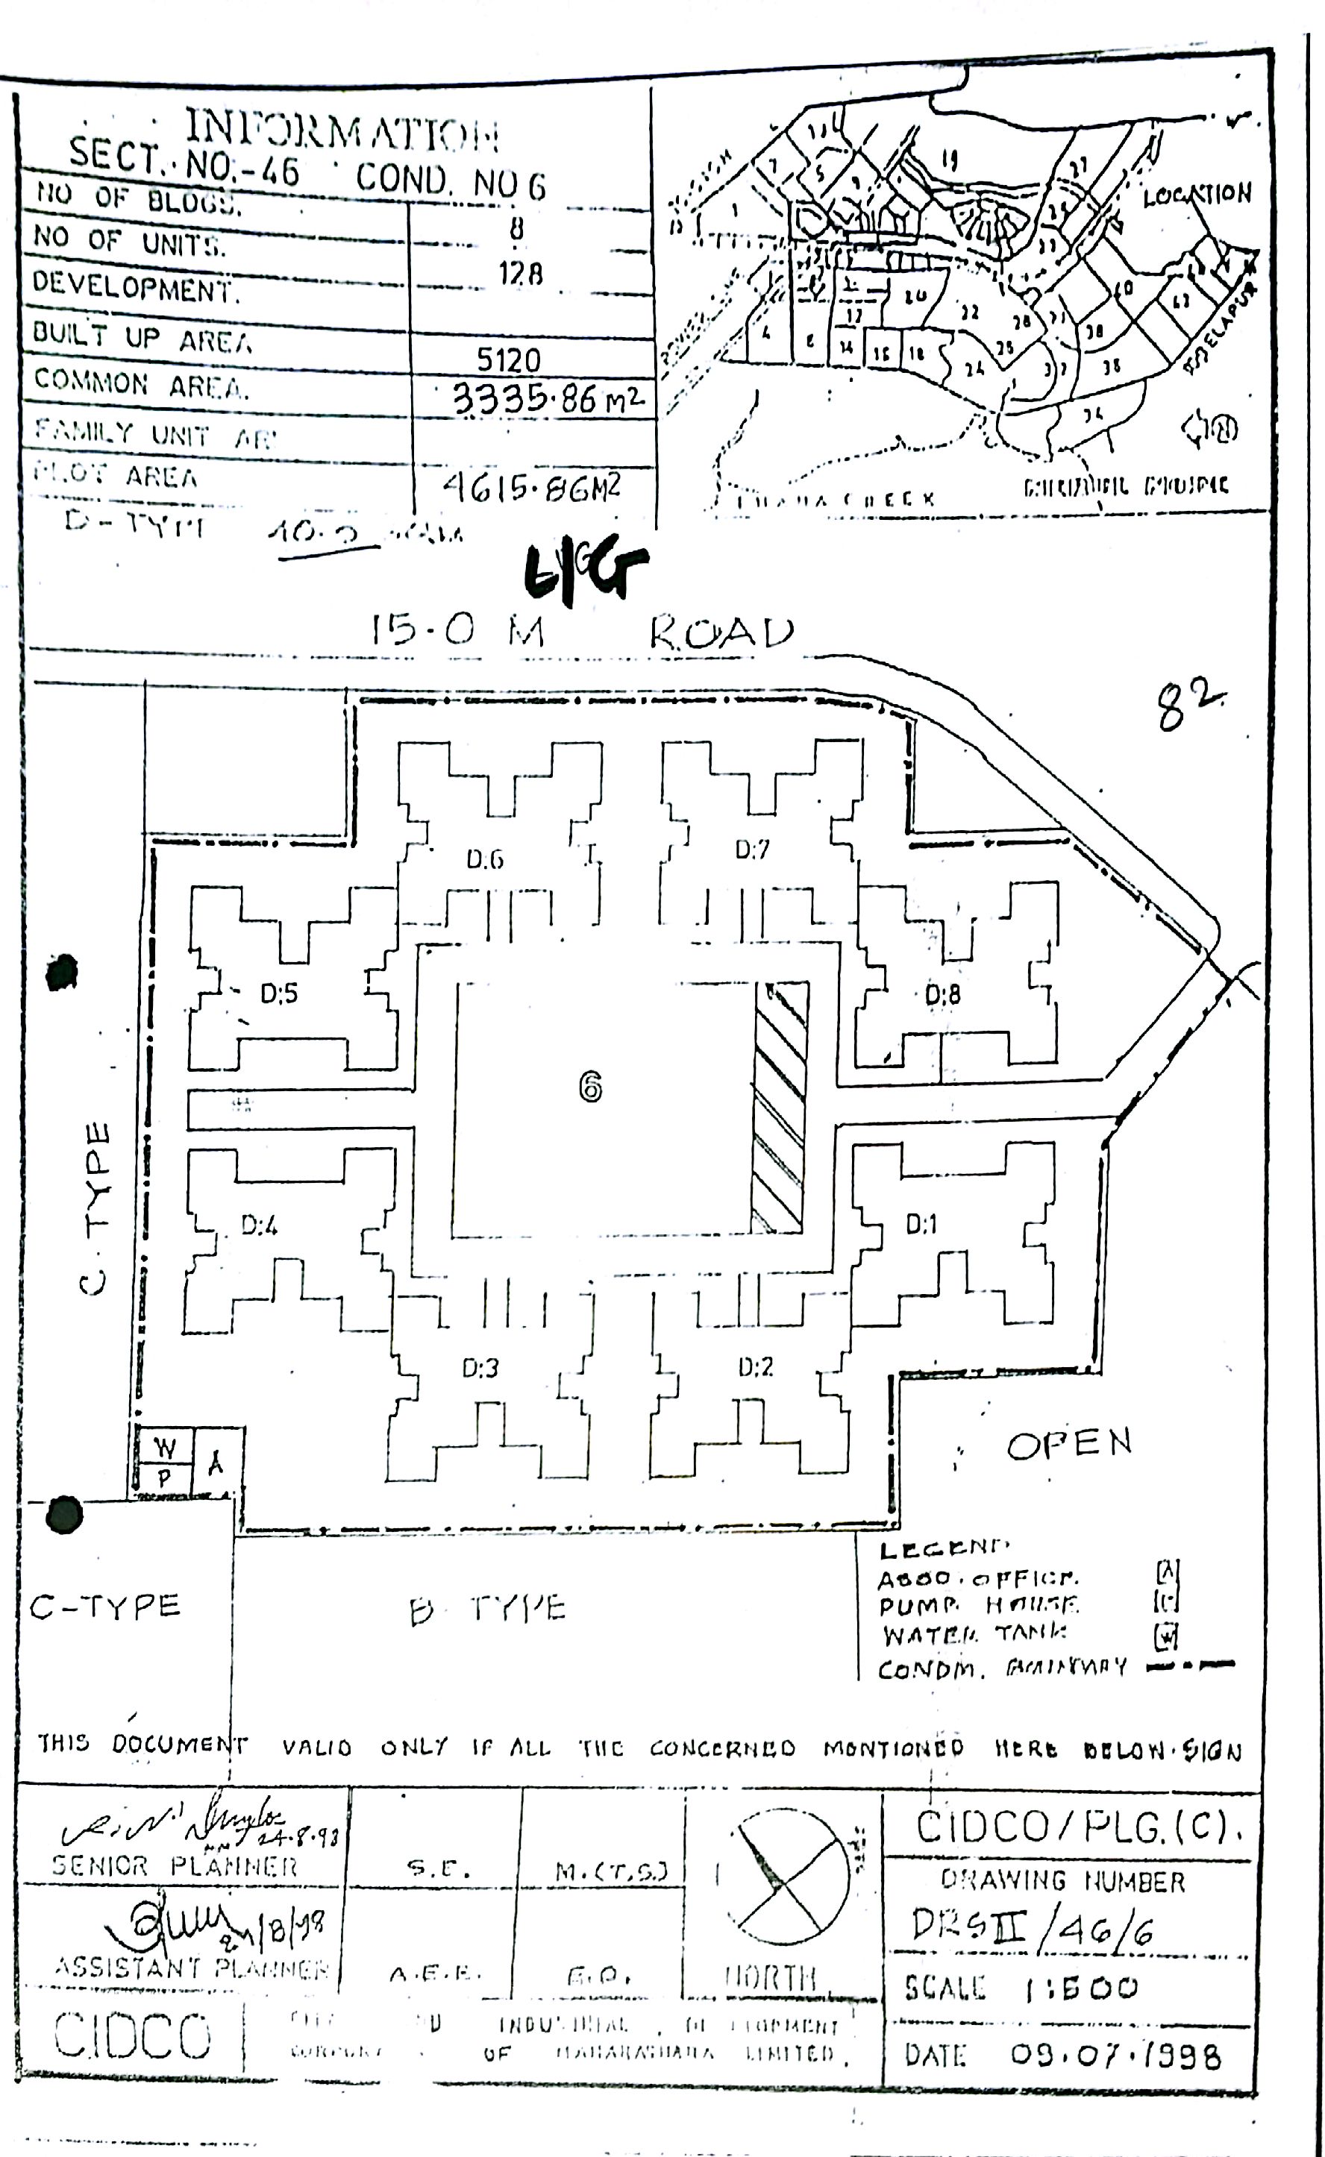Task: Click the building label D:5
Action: (x=279, y=993)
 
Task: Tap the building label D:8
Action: (x=942, y=994)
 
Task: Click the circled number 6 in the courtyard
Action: (x=590, y=1087)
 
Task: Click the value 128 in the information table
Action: (x=521, y=274)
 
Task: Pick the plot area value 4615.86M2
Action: (x=532, y=486)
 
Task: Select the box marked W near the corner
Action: (x=164, y=1448)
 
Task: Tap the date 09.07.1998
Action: (x=1115, y=2055)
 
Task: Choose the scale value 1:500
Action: (x=1081, y=1988)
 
